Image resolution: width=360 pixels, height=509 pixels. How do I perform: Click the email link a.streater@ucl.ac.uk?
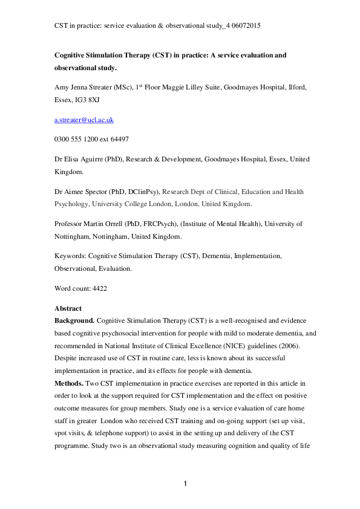pos(84,120)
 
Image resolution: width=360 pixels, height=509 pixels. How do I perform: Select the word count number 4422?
pos(97,290)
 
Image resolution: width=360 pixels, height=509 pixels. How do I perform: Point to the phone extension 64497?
pos(117,139)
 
